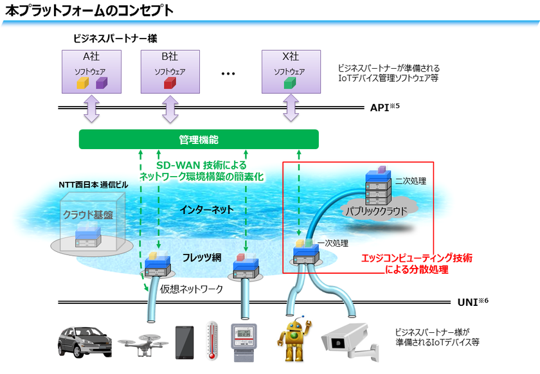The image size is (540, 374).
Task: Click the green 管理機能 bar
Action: (x=198, y=139)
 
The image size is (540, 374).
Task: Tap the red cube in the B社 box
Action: (x=169, y=83)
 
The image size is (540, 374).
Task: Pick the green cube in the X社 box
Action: (x=289, y=83)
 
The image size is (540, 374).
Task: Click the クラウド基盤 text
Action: (x=85, y=215)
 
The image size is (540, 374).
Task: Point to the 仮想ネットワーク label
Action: (x=191, y=289)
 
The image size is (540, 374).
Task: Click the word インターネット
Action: (x=206, y=209)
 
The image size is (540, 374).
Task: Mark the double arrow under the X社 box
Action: (x=290, y=109)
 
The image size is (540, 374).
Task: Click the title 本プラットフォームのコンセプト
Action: (x=89, y=10)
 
